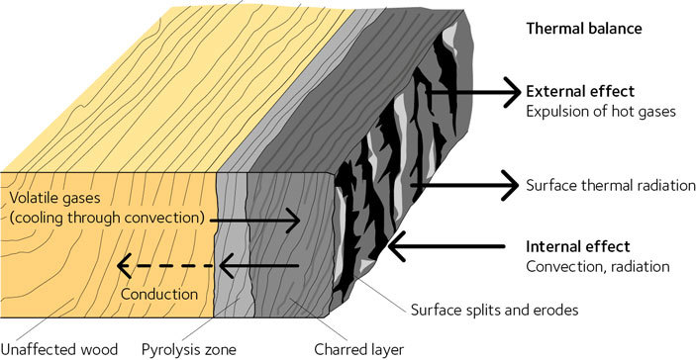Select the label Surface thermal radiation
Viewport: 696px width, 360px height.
[x=605, y=184]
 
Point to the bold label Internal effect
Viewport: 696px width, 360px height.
[x=578, y=246]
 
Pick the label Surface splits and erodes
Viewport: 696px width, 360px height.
[x=492, y=310]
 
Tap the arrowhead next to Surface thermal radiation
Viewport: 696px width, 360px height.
[x=511, y=184]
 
